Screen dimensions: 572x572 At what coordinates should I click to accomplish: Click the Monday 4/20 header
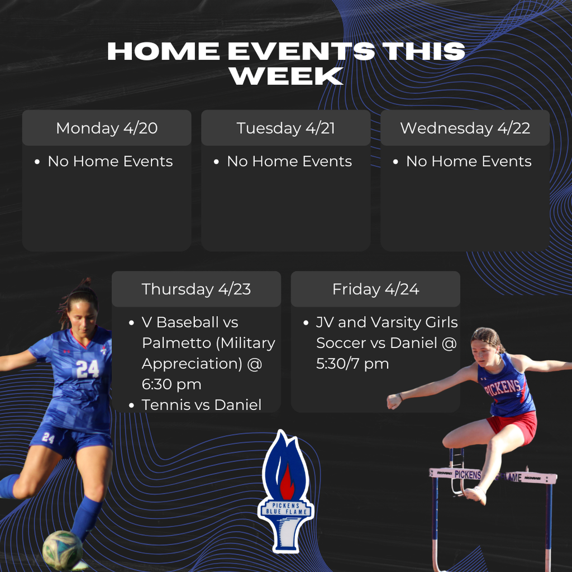pyautogui.click(x=107, y=128)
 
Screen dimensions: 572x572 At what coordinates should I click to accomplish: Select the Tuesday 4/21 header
pyautogui.click(x=285, y=128)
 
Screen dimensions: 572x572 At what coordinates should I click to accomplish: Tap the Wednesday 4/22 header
pyautogui.click(x=465, y=128)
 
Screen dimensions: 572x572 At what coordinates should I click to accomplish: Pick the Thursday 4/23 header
pyautogui.click(x=196, y=289)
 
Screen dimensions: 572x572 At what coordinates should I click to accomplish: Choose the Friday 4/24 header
pyautogui.click(x=375, y=289)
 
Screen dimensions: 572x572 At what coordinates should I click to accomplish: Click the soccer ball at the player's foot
pyautogui.click(x=62, y=550)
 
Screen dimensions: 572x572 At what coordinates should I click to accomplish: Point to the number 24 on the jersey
pyautogui.click(x=87, y=369)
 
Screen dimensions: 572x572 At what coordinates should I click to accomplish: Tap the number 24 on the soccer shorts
pyautogui.click(x=48, y=437)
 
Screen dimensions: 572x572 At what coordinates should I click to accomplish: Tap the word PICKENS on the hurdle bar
pyautogui.click(x=467, y=475)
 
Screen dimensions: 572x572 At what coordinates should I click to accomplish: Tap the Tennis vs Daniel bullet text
pyautogui.click(x=201, y=404)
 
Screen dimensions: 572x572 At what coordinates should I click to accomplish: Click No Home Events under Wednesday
pyautogui.click(x=468, y=161)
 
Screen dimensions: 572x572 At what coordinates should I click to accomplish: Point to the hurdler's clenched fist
pyautogui.click(x=394, y=401)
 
